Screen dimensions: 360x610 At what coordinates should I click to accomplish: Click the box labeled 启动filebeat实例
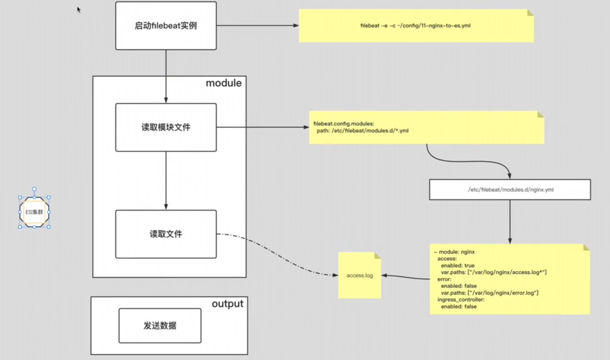click(166, 26)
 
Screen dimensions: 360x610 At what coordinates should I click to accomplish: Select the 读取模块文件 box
click(166, 127)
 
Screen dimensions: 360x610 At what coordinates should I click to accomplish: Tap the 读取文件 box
click(166, 234)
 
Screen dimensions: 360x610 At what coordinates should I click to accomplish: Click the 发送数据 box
click(160, 326)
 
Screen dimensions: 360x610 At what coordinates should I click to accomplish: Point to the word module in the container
click(224, 83)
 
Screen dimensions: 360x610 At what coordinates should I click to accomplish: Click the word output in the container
click(228, 304)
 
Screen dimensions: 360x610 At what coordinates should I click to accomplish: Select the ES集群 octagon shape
click(34, 212)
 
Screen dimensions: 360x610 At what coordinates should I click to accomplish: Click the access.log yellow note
click(360, 275)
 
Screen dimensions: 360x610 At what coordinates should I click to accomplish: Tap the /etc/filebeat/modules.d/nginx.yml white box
click(510, 190)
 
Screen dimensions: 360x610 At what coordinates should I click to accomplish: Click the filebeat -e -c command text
click(415, 26)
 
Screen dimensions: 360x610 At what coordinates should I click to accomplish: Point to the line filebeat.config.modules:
click(343, 124)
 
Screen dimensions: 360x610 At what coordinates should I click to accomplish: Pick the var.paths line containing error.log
click(489, 293)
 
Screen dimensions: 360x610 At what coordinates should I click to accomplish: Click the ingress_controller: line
click(461, 300)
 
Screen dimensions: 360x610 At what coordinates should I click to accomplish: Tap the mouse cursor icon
click(79, 10)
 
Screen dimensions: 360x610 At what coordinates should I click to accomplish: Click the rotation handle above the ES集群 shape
click(34, 189)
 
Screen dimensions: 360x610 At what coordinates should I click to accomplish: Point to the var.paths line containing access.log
click(493, 272)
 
